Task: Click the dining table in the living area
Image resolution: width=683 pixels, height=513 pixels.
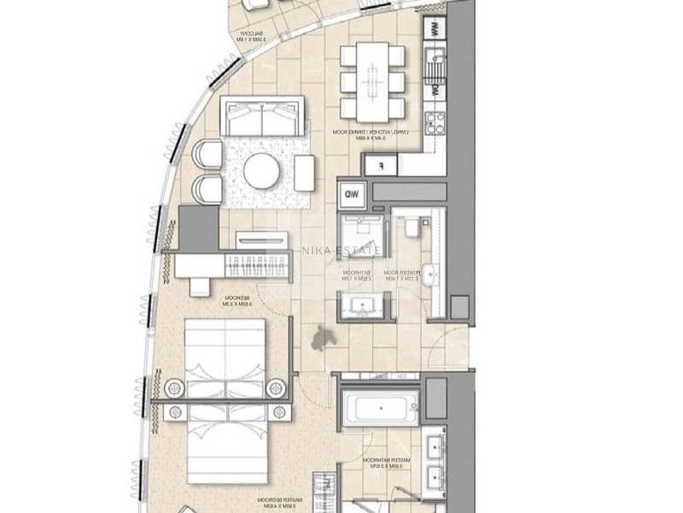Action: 372,81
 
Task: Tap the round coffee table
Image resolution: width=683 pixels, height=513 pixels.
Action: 261,171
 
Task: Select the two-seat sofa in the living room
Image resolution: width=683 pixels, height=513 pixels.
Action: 261,116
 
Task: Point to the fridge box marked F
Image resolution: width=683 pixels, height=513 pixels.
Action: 381,164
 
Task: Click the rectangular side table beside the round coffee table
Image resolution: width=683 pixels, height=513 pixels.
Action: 304,172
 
